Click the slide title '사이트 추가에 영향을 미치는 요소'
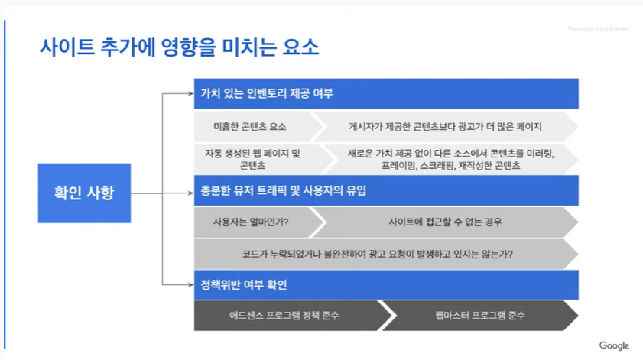179,48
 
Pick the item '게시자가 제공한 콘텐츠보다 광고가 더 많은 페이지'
445,126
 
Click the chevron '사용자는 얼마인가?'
252,222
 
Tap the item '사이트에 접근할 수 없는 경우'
445,222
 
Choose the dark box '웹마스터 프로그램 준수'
479,316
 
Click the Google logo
614,345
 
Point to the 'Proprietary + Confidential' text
598,29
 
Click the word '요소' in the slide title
300,48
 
